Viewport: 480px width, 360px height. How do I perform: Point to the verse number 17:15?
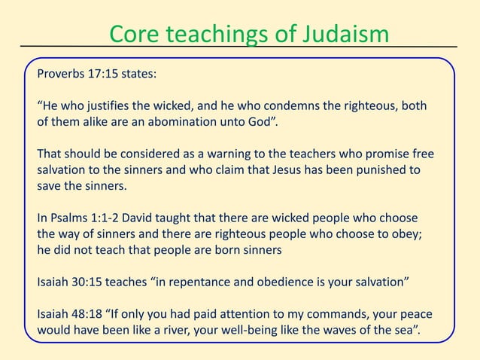click(x=112, y=76)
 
